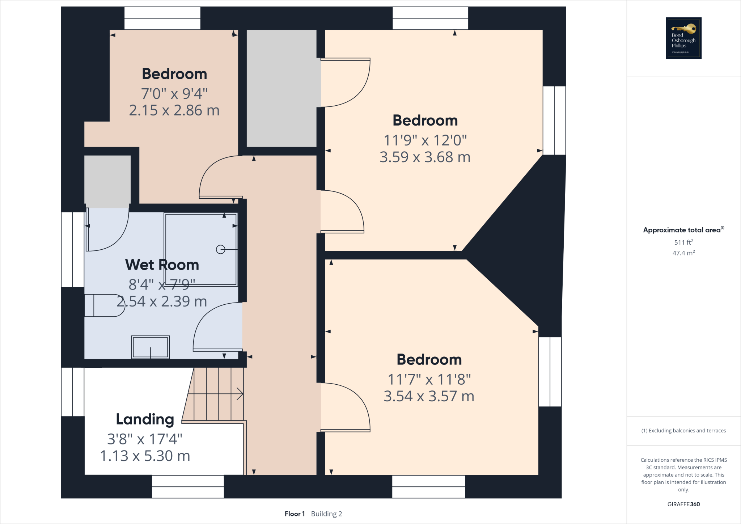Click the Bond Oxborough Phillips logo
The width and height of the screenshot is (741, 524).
(x=683, y=38)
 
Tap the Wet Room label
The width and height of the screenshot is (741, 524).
(x=162, y=265)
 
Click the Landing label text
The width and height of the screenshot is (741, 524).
(x=145, y=419)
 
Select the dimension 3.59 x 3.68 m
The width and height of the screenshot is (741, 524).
(x=425, y=157)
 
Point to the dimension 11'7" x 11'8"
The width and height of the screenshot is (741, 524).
(x=429, y=379)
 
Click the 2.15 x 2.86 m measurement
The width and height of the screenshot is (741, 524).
(x=174, y=110)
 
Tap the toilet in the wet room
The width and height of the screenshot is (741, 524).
(x=104, y=305)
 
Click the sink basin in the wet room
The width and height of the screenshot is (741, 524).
(x=150, y=347)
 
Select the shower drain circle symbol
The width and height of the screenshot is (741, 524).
(x=220, y=249)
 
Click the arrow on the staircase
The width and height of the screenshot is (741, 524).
(x=240, y=394)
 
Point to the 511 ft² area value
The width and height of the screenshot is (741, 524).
(x=683, y=242)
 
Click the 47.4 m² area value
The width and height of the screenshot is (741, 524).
(x=683, y=253)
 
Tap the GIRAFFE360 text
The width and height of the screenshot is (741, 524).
(x=683, y=504)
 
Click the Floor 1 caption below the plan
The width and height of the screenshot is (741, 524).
(x=295, y=514)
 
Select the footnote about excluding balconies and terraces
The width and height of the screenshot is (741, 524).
(x=683, y=431)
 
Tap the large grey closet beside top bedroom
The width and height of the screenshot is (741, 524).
(x=281, y=88)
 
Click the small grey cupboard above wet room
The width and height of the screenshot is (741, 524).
(x=107, y=181)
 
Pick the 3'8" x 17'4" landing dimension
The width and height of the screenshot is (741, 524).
(x=145, y=439)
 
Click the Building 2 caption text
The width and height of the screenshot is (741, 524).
(x=326, y=514)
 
